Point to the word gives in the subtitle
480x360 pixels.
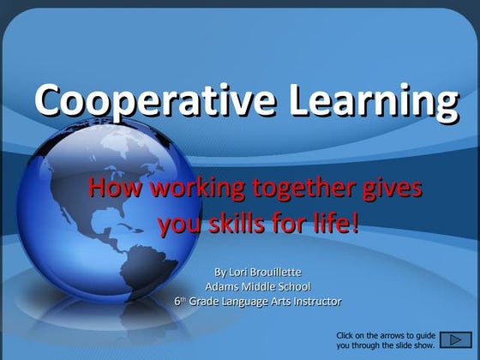point(394,188)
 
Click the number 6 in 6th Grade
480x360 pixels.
point(177,301)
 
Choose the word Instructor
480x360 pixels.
point(314,301)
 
